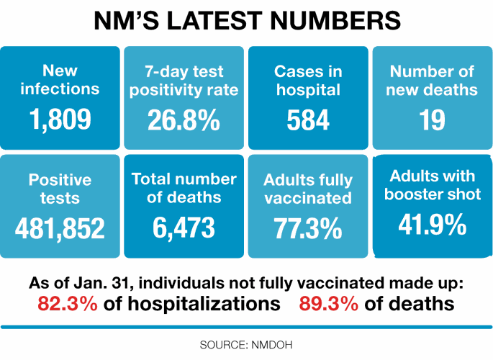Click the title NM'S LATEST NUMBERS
pyautogui.click(x=246, y=22)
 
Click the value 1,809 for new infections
pyautogui.click(x=60, y=120)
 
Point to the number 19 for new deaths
pyautogui.click(x=433, y=120)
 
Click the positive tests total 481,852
pyautogui.click(x=60, y=228)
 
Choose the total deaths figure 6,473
pyautogui.click(x=184, y=228)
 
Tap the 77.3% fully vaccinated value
pyautogui.click(x=308, y=229)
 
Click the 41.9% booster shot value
pyautogui.click(x=433, y=225)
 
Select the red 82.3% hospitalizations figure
pyautogui.click(x=68, y=304)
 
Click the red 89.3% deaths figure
pyautogui.click(x=329, y=304)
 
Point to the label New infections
pyautogui.click(x=60, y=80)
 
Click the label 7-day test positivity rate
pyautogui.click(x=184, y=81)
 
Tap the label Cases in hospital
pyautogui.click(x=308, y=81)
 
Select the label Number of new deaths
pyautogui.click(x=433, y=81)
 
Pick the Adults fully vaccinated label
pyautogui.click(x=308, y=189)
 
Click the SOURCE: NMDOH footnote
pyautogui.click(x=246, y=345)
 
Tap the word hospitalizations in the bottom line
pyautogui.click(x=192, y=304)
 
